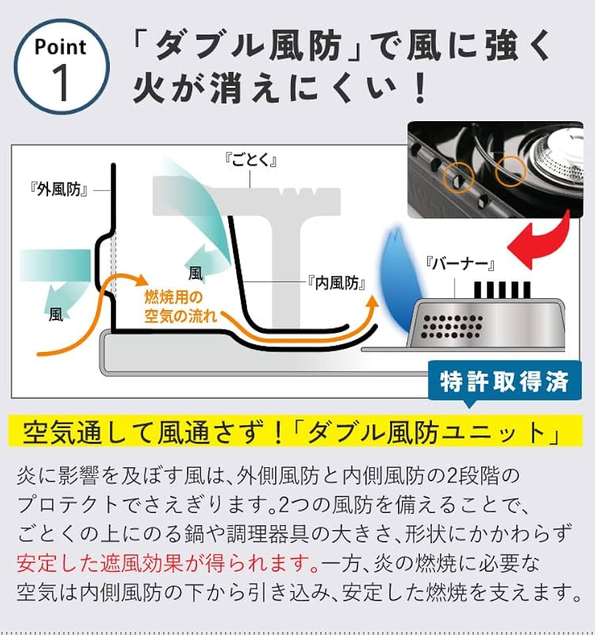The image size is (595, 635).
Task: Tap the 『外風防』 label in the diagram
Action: click(60, 190)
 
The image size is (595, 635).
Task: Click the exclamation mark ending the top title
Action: click(419, 90)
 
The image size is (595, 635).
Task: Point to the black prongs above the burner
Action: click(502, 289)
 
